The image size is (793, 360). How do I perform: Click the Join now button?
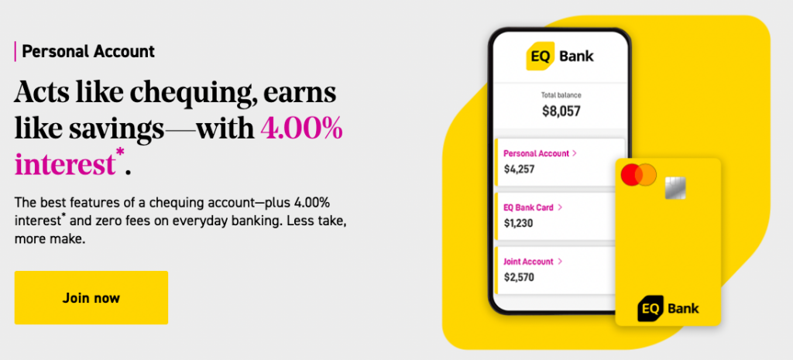(x=91, y=297)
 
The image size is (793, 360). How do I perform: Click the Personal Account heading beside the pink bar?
(x=88, y=52)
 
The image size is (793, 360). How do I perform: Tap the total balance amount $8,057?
(x=561, y=110)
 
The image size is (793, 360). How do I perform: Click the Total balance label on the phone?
(x=561, y=95)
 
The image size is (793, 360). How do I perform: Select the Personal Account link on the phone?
(x=537, y=153)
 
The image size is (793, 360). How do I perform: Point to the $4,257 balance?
(x=519, y=169)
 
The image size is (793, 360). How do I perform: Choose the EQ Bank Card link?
(x=530, y=207)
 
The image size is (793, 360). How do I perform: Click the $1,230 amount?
(x=519, y=223)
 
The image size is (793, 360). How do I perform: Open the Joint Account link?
(x=530, y=262)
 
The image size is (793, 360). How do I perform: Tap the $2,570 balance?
(x=519, y=276)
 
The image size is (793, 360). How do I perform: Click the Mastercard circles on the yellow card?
(x=638, y=175)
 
